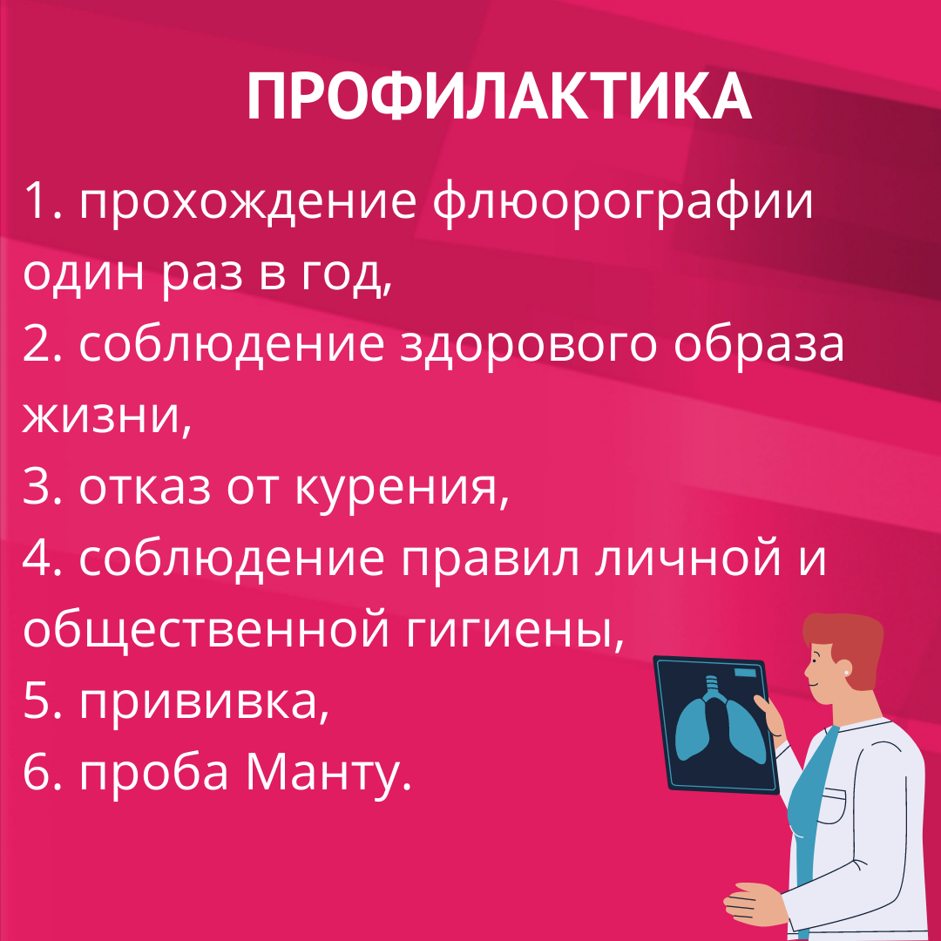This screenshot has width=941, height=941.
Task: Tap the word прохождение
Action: (247, 202)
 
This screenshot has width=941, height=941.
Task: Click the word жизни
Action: (106, 416)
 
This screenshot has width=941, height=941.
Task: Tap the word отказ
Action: (145, 487)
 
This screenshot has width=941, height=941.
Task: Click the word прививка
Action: (204, 703)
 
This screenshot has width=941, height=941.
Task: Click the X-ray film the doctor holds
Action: (716, 725)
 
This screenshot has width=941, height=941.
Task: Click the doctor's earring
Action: (848, 673)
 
